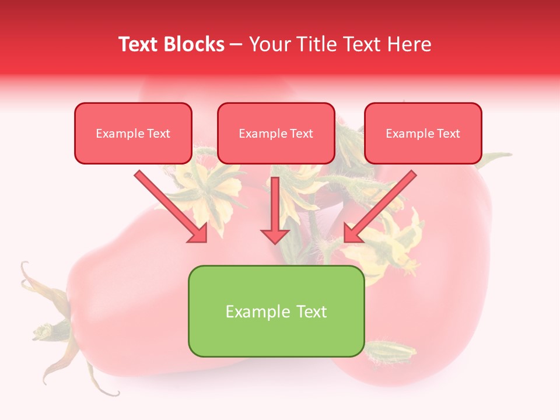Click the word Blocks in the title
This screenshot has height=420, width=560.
coord(195,44)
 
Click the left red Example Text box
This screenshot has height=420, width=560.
coord(133,133)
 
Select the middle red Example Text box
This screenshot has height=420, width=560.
coord(276,133)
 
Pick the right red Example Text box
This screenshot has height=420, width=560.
coord(423,133)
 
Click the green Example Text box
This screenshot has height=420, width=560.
coord(276,311)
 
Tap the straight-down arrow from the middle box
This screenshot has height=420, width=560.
coord(275,210)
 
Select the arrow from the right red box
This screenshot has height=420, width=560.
coord(379,207)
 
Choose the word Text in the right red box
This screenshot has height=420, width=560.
coord(448,134)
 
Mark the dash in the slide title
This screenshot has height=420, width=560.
coord(236,45)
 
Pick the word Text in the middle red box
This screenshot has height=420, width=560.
coord(301,134)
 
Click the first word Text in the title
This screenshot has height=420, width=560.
coord(139,44)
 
